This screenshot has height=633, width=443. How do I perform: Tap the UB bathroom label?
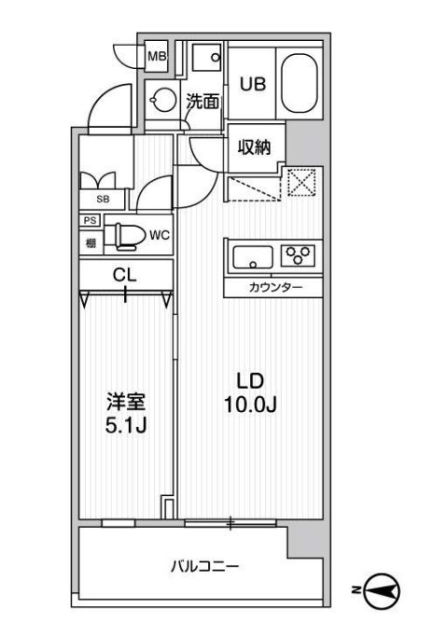pyautogui.click(x=253, y=83)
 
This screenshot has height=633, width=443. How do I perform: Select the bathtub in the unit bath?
pyautogui.click(x=300, y=84)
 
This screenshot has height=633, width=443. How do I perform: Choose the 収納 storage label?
pyautogui.click(x=253, y=146)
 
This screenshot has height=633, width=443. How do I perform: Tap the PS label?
pyautogui.click(x=90, y=220)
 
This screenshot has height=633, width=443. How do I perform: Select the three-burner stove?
pyautogui.click(x=300, y=254)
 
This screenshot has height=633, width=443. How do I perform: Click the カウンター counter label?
pyautogui.click(x=275, y=287)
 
